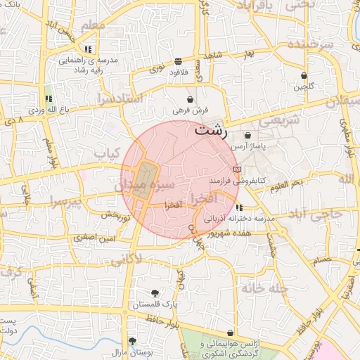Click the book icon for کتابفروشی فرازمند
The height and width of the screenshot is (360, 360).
click(236, 170)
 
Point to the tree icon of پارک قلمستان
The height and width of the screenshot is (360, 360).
click(155, 292)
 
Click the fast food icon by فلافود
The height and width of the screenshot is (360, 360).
click(178, 61)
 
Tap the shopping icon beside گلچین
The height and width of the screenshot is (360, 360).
click(304, 75)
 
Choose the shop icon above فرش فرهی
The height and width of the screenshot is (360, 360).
click(191, 100)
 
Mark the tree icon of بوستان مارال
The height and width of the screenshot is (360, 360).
click(132, 340)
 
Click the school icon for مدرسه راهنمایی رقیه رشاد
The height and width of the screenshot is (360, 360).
click(88, 49)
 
